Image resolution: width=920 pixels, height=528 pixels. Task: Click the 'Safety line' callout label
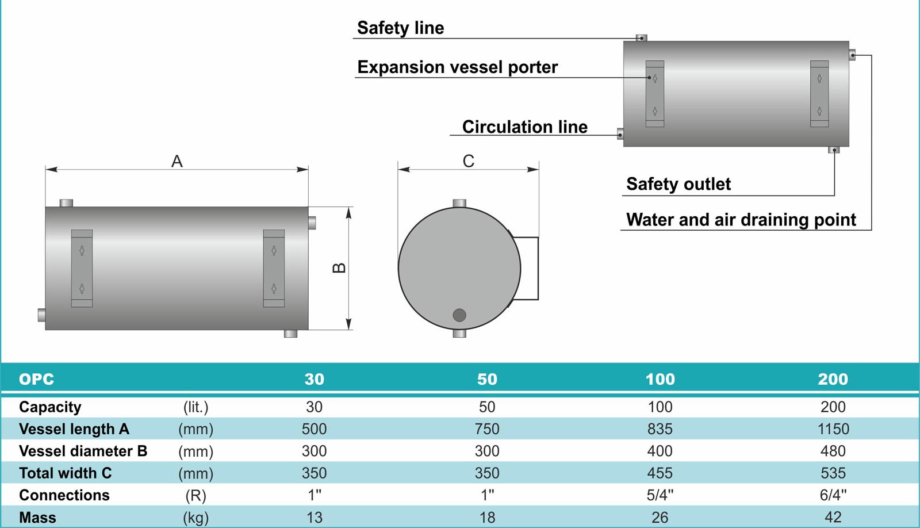pyautogui.click(x=400, y=28)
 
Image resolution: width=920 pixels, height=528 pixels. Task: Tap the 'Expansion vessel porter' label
pyautogui.click(x=458, y=67)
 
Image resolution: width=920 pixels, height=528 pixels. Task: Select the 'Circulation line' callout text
pyautogui.click(x=525, y=127)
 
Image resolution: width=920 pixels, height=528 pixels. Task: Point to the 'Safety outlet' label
pyautogui.click(x=678, y=184)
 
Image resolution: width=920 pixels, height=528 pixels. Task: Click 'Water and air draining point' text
pyautogui.click(x=741, y=220)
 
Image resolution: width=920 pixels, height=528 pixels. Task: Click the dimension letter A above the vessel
pyautogui.click(x=177, y=161)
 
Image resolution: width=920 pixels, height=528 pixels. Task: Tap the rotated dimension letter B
pyautogui.click(x=339, y=268)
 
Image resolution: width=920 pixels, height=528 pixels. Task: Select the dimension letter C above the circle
pyautogui.click(x=468, y=161)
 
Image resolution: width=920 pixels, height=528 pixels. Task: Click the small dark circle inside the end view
pyautogui.click(x=459, y=315)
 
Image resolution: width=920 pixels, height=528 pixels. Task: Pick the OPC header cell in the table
pyautogui.click(x=37, y=379)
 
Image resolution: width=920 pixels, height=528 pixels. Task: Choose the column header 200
pyautogui.click(x=833, y=379)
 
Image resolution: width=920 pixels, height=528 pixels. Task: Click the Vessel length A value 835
pyautogui.click(x=660, y=429)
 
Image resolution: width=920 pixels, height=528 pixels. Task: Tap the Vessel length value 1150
pyautogui.click(x=833, y=429)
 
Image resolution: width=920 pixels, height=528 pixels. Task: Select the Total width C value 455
pyautogui.click(x=660, y=473)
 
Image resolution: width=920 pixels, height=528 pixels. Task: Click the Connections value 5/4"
pyautogui.click(x=660, y=495)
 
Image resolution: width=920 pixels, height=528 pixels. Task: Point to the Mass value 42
pyautogui.click(x=833, y=517)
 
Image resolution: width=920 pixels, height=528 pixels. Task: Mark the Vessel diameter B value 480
pyautogui.click(x=833, y=451)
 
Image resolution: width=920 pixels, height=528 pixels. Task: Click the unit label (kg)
pyautogui.click(x=196, y=518)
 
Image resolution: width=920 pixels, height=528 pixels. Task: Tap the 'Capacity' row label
pyautogui.click(x=50, y=407)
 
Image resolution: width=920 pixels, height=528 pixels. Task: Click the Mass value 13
pyautogui.click(x=314, y=517)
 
